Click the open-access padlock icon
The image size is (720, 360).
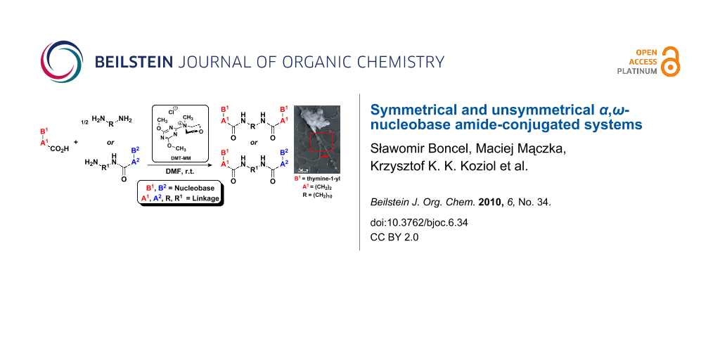pyautogui.click(x=671, y=61)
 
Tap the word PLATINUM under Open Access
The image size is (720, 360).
pyautogui.click(x=637, y=71)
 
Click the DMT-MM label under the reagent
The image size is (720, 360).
pyautogui.click(x=180, y=159)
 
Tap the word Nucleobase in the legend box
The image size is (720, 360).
pyautogui.click(x=195, y=188)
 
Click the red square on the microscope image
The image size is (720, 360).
pyautogui.click(x=324, y=157)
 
